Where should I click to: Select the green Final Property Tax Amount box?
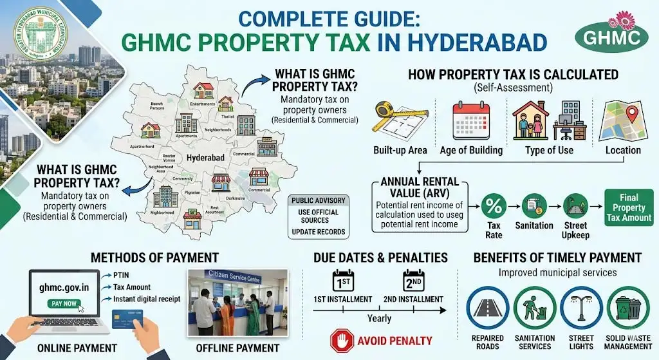629,207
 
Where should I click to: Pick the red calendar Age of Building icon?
471,119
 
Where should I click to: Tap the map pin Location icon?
622,120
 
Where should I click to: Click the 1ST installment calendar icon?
342,281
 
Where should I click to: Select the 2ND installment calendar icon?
414,281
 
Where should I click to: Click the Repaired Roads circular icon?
487,308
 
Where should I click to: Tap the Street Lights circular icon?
582,308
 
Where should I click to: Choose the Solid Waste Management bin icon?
628,308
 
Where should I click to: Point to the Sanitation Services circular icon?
534,308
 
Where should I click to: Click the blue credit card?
131,320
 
